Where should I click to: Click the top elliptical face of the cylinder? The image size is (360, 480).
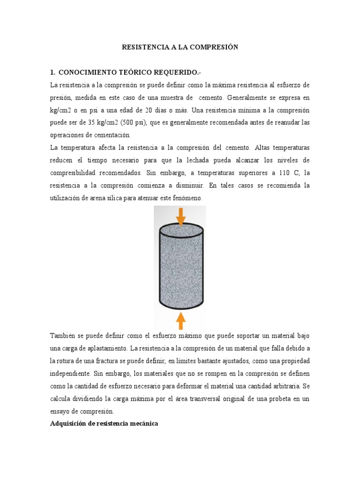tap(181, 230)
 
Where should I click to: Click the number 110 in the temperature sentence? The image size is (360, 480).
tap(278, 173)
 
